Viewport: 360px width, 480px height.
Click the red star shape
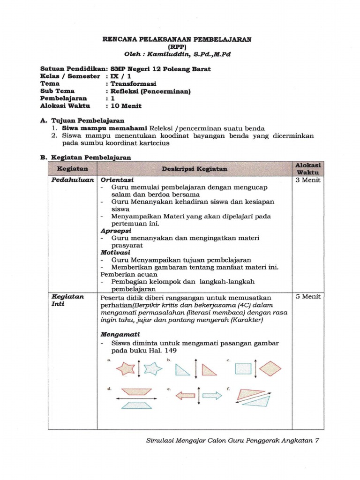coord(125,368)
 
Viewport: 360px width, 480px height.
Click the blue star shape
coord(153,368)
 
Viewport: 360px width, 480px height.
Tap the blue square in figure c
coord(242,368)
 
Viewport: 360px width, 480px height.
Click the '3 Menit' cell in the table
coord(308,180)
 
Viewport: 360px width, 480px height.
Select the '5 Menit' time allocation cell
coord(308,297)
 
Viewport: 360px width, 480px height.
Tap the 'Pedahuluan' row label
coord(73,180)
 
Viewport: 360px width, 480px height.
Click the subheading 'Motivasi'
coord(116,252)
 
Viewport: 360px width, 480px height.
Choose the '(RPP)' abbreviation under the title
coord(177,47)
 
